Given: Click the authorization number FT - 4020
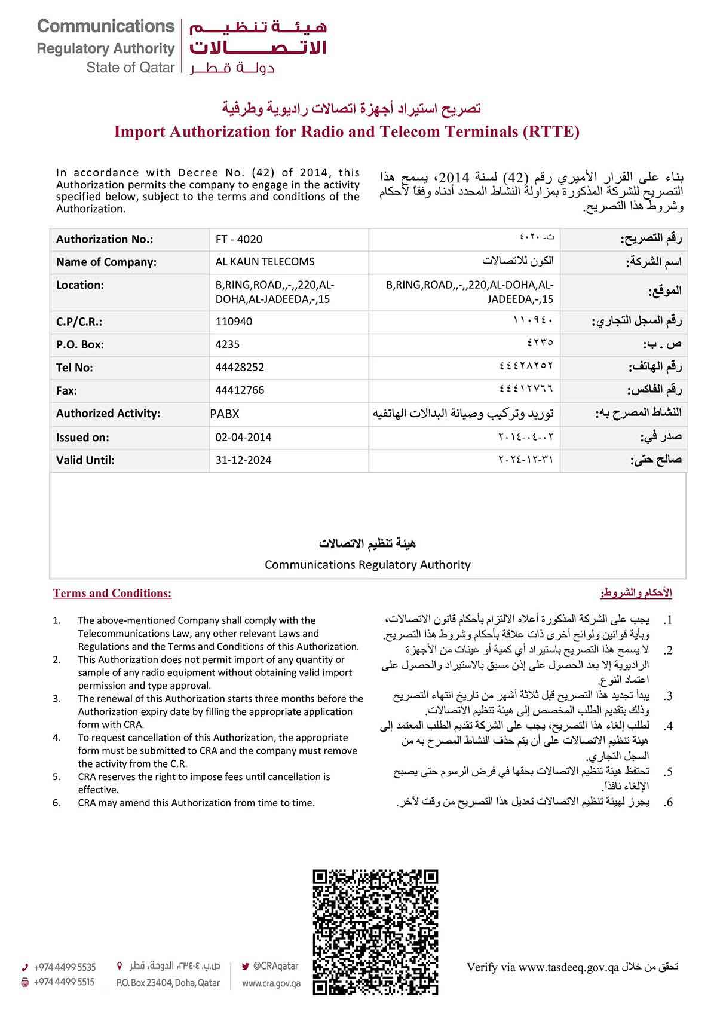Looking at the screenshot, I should (239, 239).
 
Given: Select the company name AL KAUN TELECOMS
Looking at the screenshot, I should (265, 262).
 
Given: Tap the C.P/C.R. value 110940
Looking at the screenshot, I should (234, 322).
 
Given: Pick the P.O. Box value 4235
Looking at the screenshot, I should (228, 344).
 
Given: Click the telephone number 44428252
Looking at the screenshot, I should (240, 367).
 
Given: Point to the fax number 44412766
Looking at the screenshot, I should (240, 390).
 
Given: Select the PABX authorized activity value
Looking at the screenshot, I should (225, 414).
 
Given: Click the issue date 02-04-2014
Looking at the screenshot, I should (243, 437).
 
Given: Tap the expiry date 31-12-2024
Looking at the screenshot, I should (243, 460).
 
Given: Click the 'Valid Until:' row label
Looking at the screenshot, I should (85, 460).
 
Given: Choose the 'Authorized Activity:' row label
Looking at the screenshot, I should (108, 414).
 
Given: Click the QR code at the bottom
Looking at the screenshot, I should (375, 931).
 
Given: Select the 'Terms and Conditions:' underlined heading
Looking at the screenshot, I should (112, 594).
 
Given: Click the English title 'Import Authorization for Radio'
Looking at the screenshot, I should (347, 132).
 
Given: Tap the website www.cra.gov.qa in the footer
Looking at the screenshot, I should (271, 983).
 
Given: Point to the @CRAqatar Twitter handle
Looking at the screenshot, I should (275, 965).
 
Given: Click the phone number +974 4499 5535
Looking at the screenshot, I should (65, 967).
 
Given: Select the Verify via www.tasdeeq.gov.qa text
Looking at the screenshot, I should (542, 967).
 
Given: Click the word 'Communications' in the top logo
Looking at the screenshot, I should (106, 27).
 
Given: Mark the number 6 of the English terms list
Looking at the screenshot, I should (56, 803).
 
